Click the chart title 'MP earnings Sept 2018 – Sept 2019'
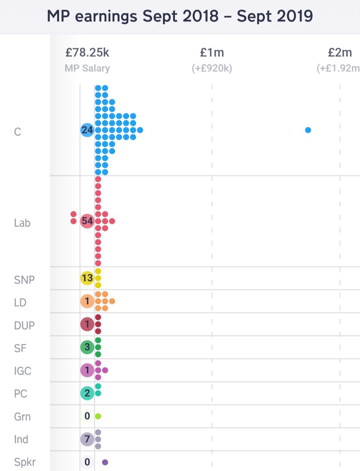click(180, 16)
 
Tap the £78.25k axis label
click(87, 52)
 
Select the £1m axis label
click(212, 52)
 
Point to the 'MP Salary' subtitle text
click(87, 68)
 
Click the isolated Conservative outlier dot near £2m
click(308, 130)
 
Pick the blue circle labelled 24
click(87, 130)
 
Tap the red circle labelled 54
click(87, 221)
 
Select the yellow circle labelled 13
click(87, 278)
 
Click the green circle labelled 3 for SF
click(87, 347)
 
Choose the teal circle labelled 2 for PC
click(87, 393)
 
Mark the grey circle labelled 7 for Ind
click(87, 439)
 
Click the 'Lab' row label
click(22, 223)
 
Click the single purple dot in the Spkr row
click(105, 462)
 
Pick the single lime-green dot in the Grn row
click(98, 416)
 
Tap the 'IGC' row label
click(22, 371)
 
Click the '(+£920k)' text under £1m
click(212, 68)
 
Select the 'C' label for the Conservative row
click(17, 131)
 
